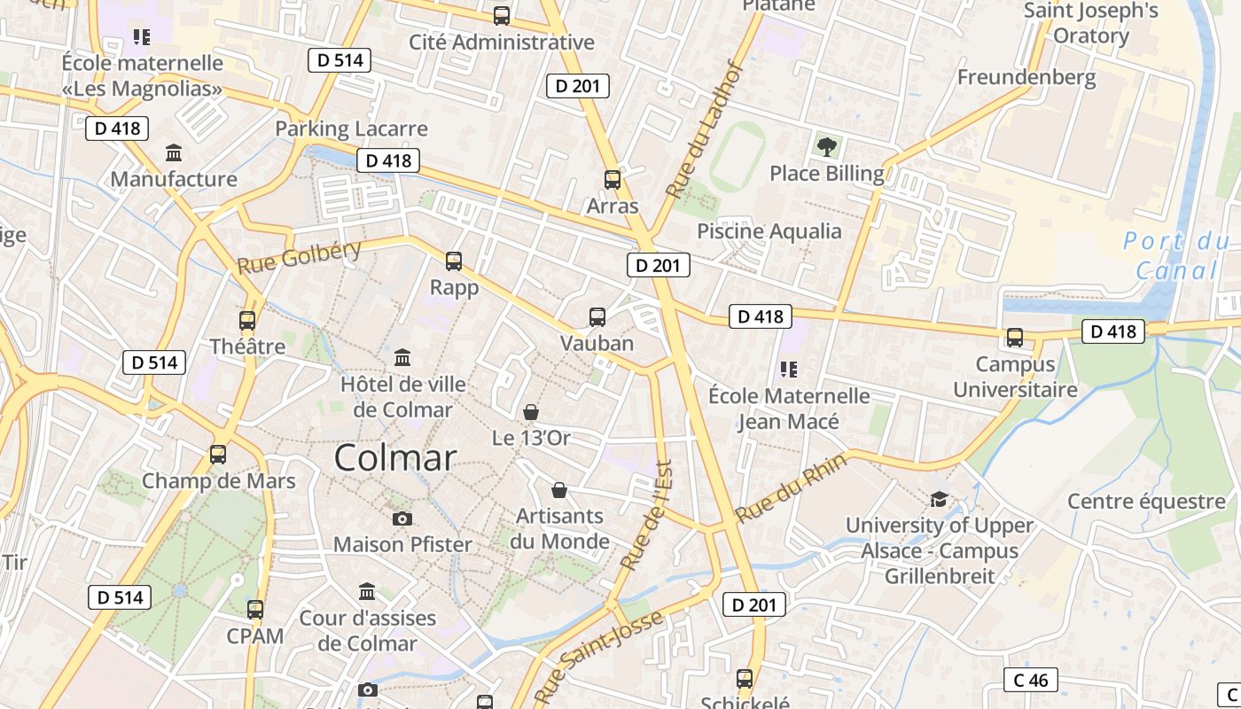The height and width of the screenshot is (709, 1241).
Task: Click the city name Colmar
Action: tap(395, 458)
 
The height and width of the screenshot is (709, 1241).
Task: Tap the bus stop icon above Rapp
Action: tap(454, 261)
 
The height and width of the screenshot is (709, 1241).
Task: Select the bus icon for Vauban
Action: tap(597, 317)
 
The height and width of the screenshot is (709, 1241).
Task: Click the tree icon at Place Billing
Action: tap(826, 146)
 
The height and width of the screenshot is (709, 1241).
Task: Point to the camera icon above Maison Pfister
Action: tap(402, 518)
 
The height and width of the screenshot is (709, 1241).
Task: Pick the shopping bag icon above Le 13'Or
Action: tap(530, 412)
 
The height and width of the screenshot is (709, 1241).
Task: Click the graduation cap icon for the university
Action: tap(939, 500)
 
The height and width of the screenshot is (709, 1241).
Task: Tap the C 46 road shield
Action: tap(1031, 680)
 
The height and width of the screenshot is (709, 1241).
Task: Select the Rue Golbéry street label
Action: tap(300, 256)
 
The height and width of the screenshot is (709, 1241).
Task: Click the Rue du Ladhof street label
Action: tap(706, 129)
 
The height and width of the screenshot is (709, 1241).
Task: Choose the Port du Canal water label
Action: tap(1176, 255)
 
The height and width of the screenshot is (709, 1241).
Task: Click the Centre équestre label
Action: tap(1146, 502)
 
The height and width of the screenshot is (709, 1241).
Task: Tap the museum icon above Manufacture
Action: tap(174, 153)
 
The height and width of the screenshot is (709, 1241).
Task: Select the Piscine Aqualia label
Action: tap(769, 231)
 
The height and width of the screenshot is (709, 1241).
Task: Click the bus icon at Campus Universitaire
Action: tap(1015, 338)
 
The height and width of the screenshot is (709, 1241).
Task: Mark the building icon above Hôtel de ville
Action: tap(402, 358)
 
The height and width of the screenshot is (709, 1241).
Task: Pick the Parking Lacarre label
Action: tap(351, 129)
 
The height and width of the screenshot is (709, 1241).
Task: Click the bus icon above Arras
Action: tap(613, 180)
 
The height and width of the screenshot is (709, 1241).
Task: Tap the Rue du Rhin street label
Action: tap(791, 487)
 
